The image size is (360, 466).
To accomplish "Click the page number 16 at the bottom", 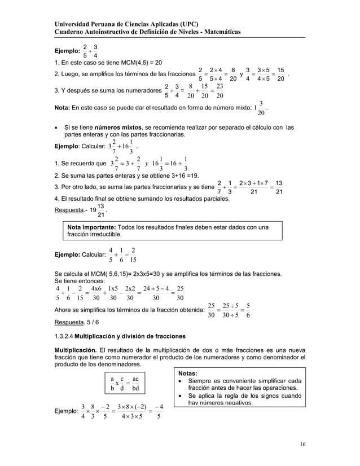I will (303, 445).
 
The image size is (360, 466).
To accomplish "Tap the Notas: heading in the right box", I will (188, 373).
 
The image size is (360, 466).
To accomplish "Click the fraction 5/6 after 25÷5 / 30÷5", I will (249, 310).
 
